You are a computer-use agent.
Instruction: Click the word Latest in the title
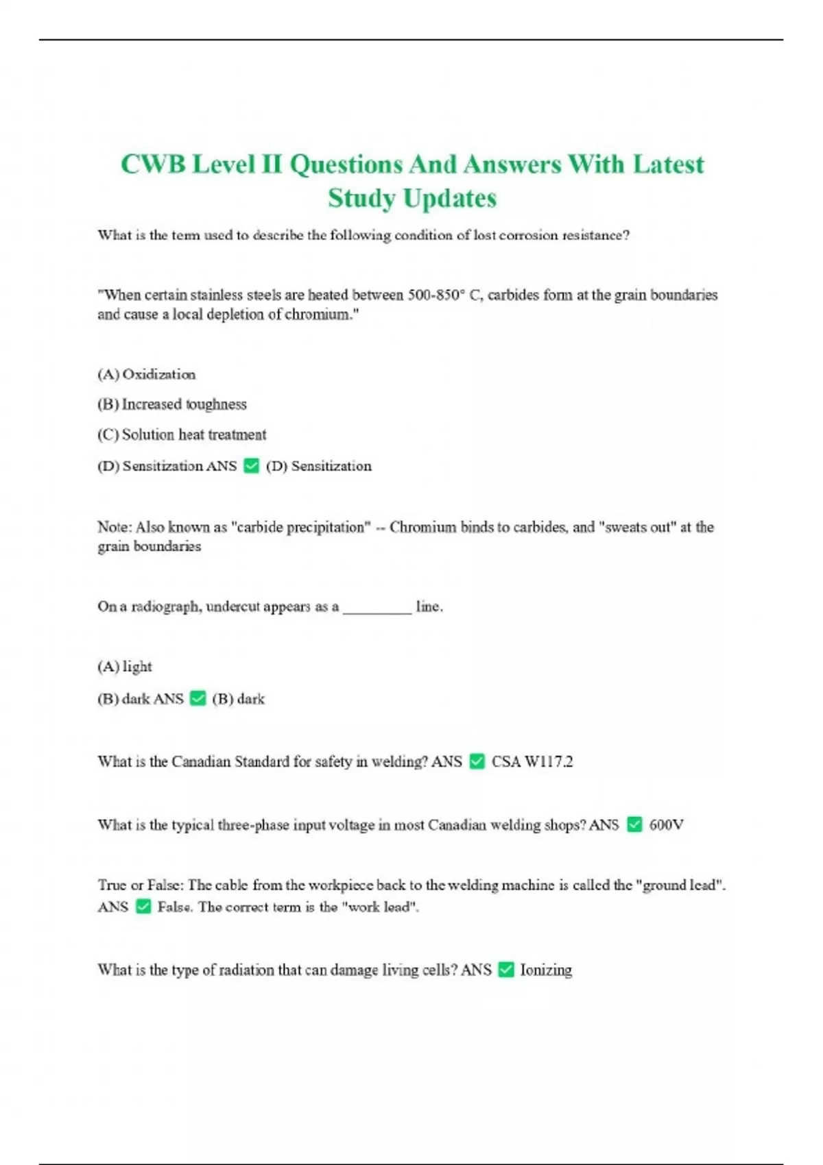coord(668,164)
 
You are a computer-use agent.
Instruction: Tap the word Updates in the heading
coord(449,198)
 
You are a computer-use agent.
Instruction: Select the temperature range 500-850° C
coord(445,295)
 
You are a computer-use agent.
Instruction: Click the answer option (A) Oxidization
coord(146,374)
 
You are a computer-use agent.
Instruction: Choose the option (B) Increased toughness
coord(171,404)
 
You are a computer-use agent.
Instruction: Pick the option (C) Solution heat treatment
coord(182,434)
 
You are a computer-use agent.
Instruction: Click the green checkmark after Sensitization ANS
coord(252,466)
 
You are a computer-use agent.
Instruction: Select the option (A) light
coord(125,666)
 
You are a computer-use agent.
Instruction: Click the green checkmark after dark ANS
coord(198,698)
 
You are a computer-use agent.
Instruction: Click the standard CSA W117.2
coord(532,761)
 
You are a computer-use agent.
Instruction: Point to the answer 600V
coord(666,824)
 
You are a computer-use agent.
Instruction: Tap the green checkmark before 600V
coord(635,824)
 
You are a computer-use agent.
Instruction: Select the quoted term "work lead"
coord(380,907)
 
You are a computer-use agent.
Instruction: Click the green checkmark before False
coord(143,907)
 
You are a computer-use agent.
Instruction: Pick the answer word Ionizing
coord(546,970)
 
